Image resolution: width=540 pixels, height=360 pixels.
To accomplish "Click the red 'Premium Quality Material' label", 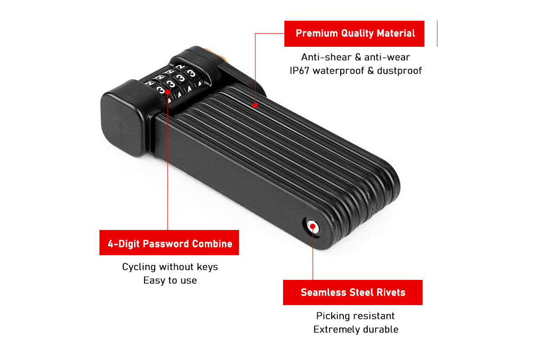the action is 354,33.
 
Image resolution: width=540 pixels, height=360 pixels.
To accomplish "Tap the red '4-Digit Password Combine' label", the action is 169,243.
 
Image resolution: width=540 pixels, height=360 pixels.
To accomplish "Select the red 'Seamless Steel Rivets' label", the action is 353,292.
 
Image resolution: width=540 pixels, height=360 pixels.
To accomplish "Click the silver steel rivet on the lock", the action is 312,227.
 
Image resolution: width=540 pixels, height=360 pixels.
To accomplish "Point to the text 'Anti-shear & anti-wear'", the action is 355,57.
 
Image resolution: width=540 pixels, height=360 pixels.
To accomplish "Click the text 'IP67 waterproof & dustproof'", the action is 355,71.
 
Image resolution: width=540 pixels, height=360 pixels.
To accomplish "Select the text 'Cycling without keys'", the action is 170,267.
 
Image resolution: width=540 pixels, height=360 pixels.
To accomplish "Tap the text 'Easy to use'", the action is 170,280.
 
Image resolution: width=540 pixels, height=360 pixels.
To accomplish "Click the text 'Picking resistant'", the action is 355,316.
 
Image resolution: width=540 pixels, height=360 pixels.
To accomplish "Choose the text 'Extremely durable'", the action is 355,329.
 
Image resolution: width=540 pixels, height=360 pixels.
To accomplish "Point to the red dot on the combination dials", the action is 167,92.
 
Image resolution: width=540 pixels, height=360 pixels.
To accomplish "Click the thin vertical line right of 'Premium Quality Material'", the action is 437,33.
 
